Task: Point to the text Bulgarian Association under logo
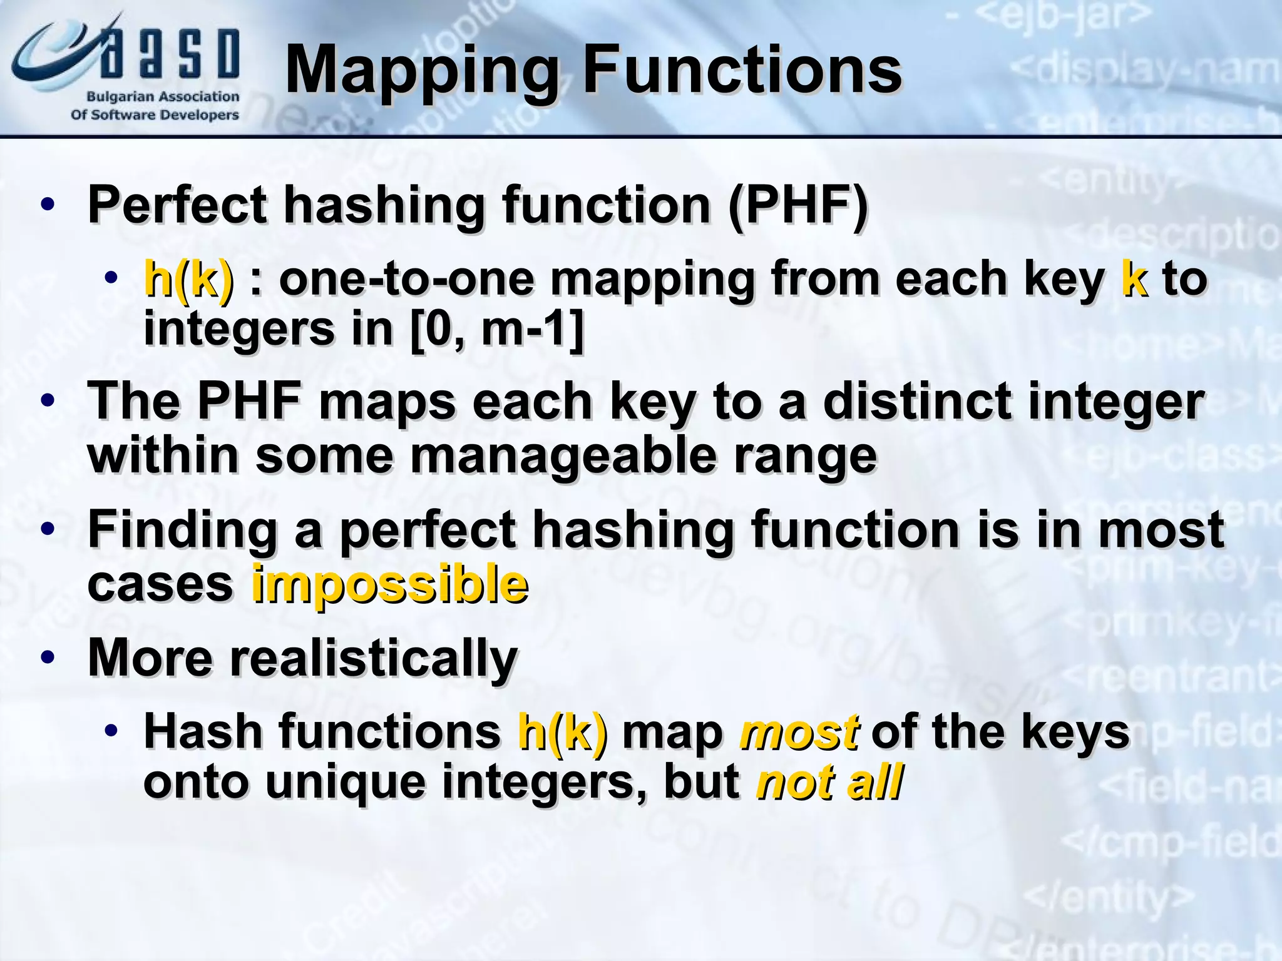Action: (163, 97)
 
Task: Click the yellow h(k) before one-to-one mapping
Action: (188, 280)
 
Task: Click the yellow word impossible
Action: (389, 584)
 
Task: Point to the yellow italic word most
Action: (799, 732)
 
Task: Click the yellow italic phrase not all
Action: (829, 782)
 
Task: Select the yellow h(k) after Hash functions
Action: (562, 732)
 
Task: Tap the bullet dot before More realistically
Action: (48, 658)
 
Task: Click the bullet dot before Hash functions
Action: (111, 731)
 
